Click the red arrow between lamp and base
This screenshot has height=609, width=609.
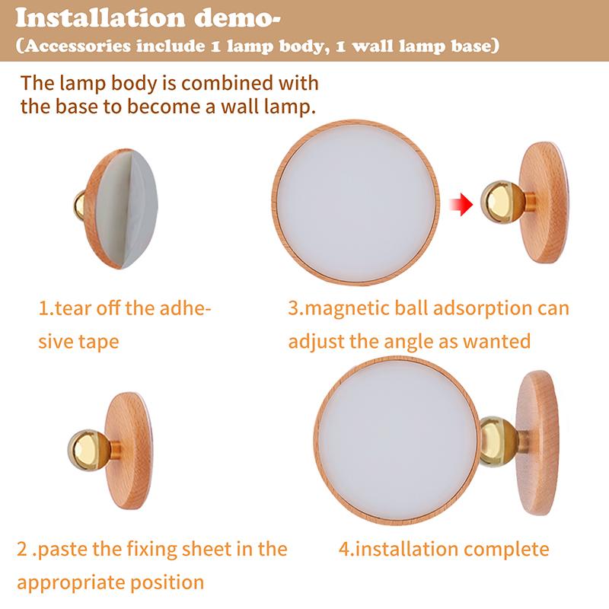(x=458, y=204)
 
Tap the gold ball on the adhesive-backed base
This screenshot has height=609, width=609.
(x=79, y=205)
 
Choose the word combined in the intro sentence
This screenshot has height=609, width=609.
(x=223, y=82)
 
